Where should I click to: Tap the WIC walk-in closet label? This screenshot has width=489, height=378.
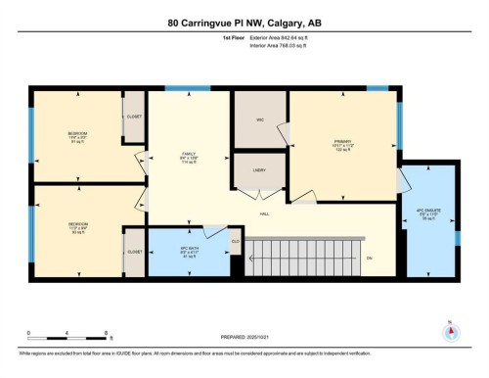(247, 120)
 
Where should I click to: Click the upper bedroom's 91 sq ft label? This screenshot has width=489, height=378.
(76, 139)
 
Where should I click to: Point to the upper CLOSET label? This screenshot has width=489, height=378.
(134, 117)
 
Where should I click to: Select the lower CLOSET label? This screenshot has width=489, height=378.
(134, 253)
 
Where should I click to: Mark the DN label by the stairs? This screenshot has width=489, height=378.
(370, 258)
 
